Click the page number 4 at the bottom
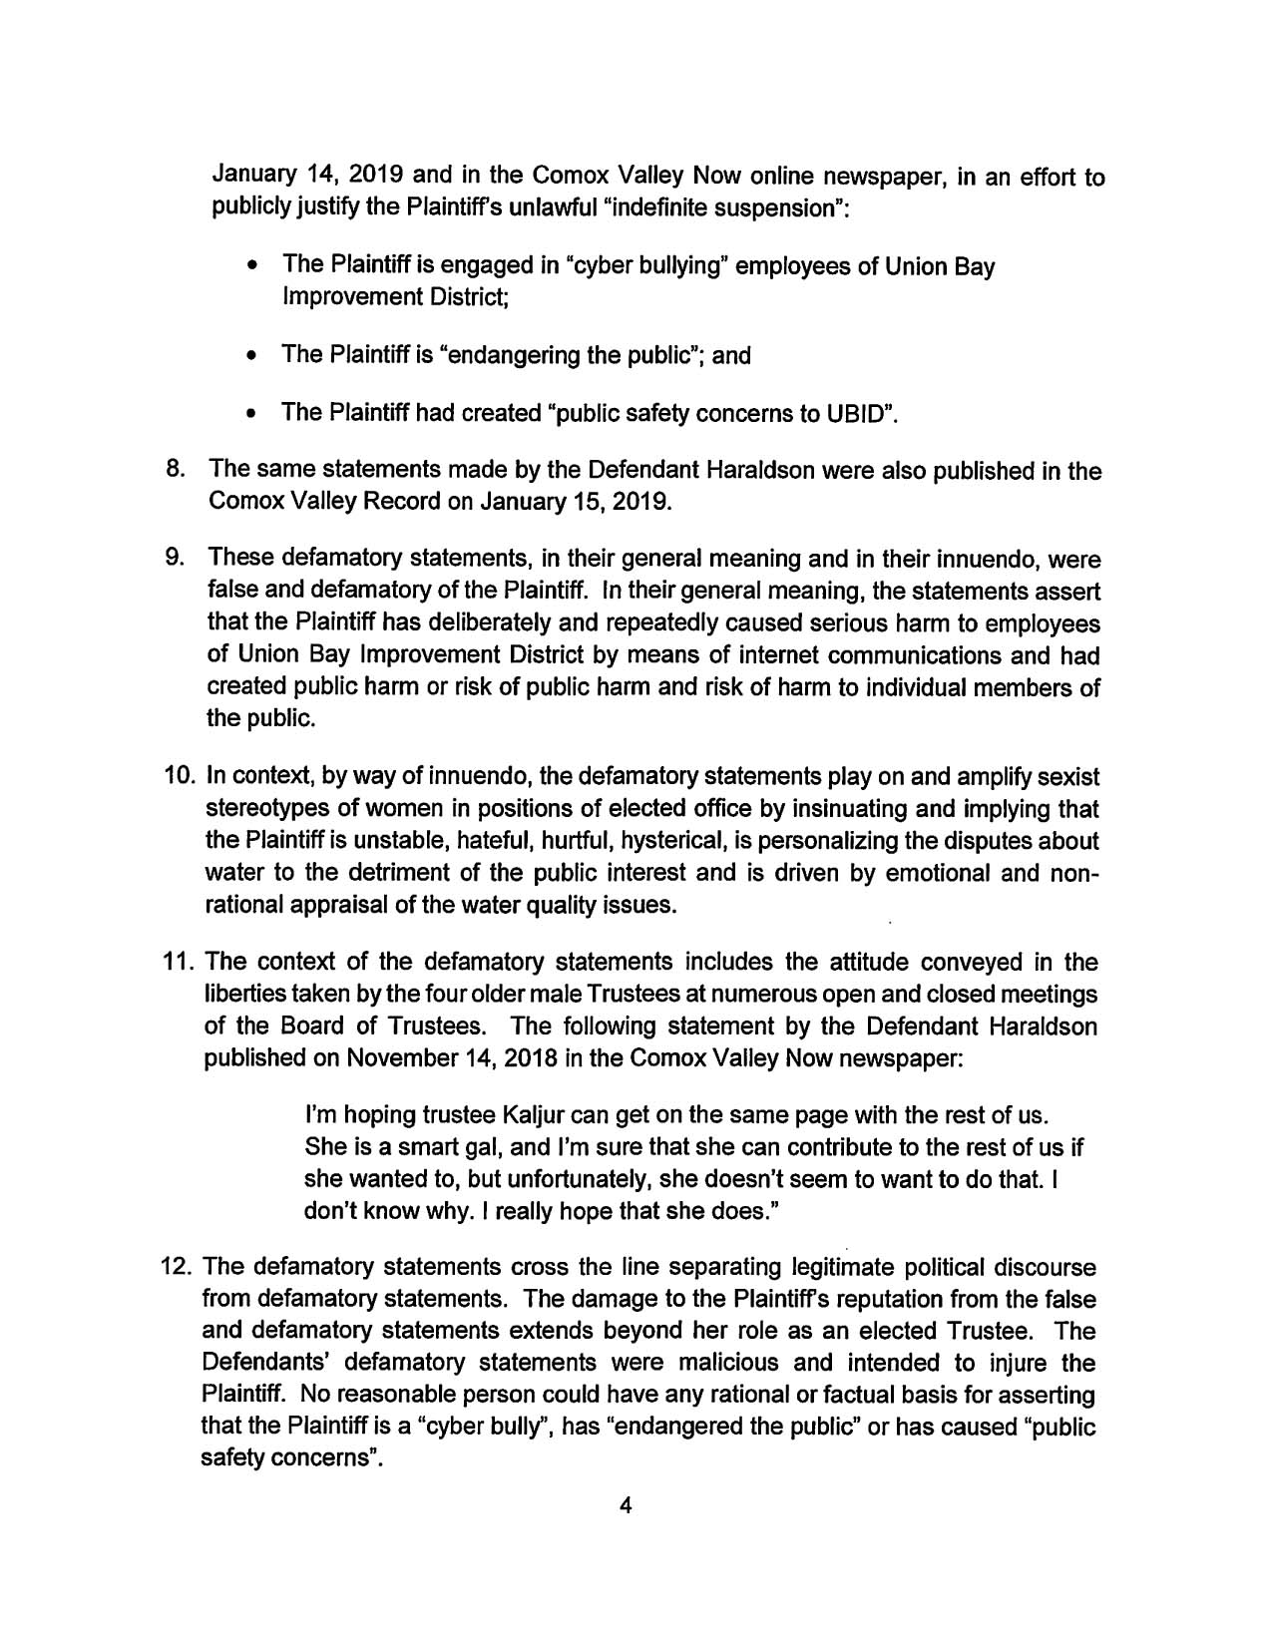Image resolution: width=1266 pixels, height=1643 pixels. click(x=628, y=1506)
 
